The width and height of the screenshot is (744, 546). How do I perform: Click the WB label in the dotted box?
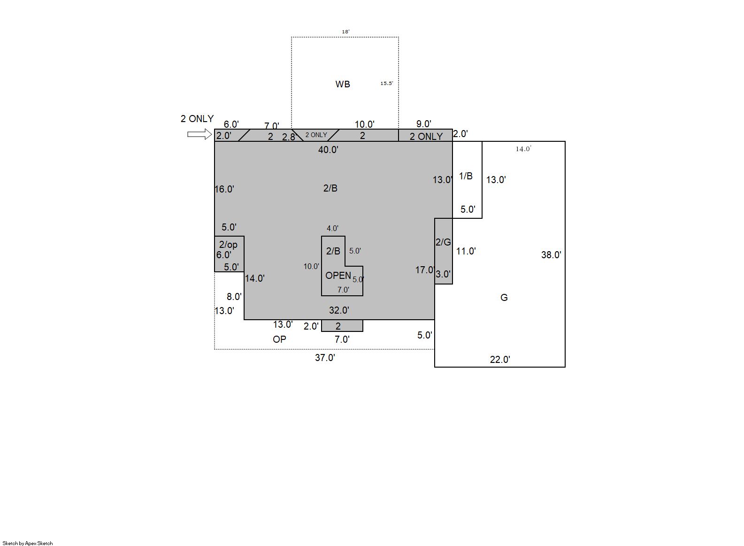343,84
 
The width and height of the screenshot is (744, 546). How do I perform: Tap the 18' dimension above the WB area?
345,31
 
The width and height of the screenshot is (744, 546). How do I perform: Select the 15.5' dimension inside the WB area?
387,84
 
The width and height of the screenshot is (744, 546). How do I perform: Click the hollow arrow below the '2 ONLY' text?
199,134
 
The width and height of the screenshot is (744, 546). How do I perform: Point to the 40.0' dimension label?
328,150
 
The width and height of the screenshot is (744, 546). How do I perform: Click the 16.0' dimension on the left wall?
224,189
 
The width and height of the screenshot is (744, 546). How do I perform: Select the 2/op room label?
228,245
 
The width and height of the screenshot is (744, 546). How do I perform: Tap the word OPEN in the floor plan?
338,275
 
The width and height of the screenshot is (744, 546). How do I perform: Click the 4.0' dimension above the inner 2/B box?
332,229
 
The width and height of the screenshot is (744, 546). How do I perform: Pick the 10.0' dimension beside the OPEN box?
311,266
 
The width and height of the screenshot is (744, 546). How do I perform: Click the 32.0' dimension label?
339,310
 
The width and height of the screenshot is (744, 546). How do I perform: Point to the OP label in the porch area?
279,339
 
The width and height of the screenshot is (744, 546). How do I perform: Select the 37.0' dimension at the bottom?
325,358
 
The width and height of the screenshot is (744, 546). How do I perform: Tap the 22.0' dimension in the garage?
500,359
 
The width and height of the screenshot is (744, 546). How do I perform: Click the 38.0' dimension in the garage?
551,255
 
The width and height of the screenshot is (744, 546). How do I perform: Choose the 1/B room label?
466,176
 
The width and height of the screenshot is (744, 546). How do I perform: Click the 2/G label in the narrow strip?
443,242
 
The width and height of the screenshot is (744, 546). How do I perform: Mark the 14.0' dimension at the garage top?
523,149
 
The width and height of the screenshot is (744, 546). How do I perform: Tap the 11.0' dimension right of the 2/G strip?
466,251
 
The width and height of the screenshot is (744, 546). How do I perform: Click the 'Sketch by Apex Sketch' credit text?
28,543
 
